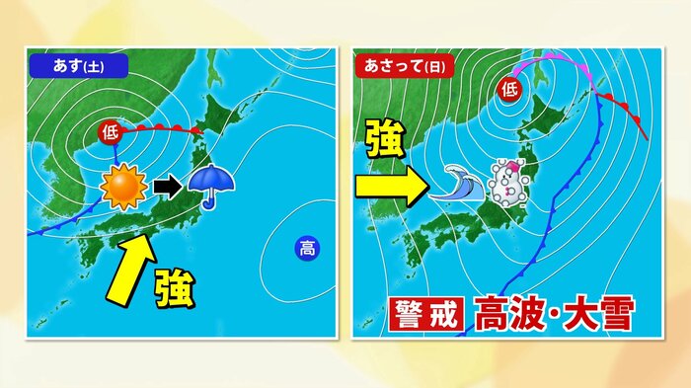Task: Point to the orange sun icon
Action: coord(123,188)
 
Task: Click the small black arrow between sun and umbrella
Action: coord(166,186)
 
